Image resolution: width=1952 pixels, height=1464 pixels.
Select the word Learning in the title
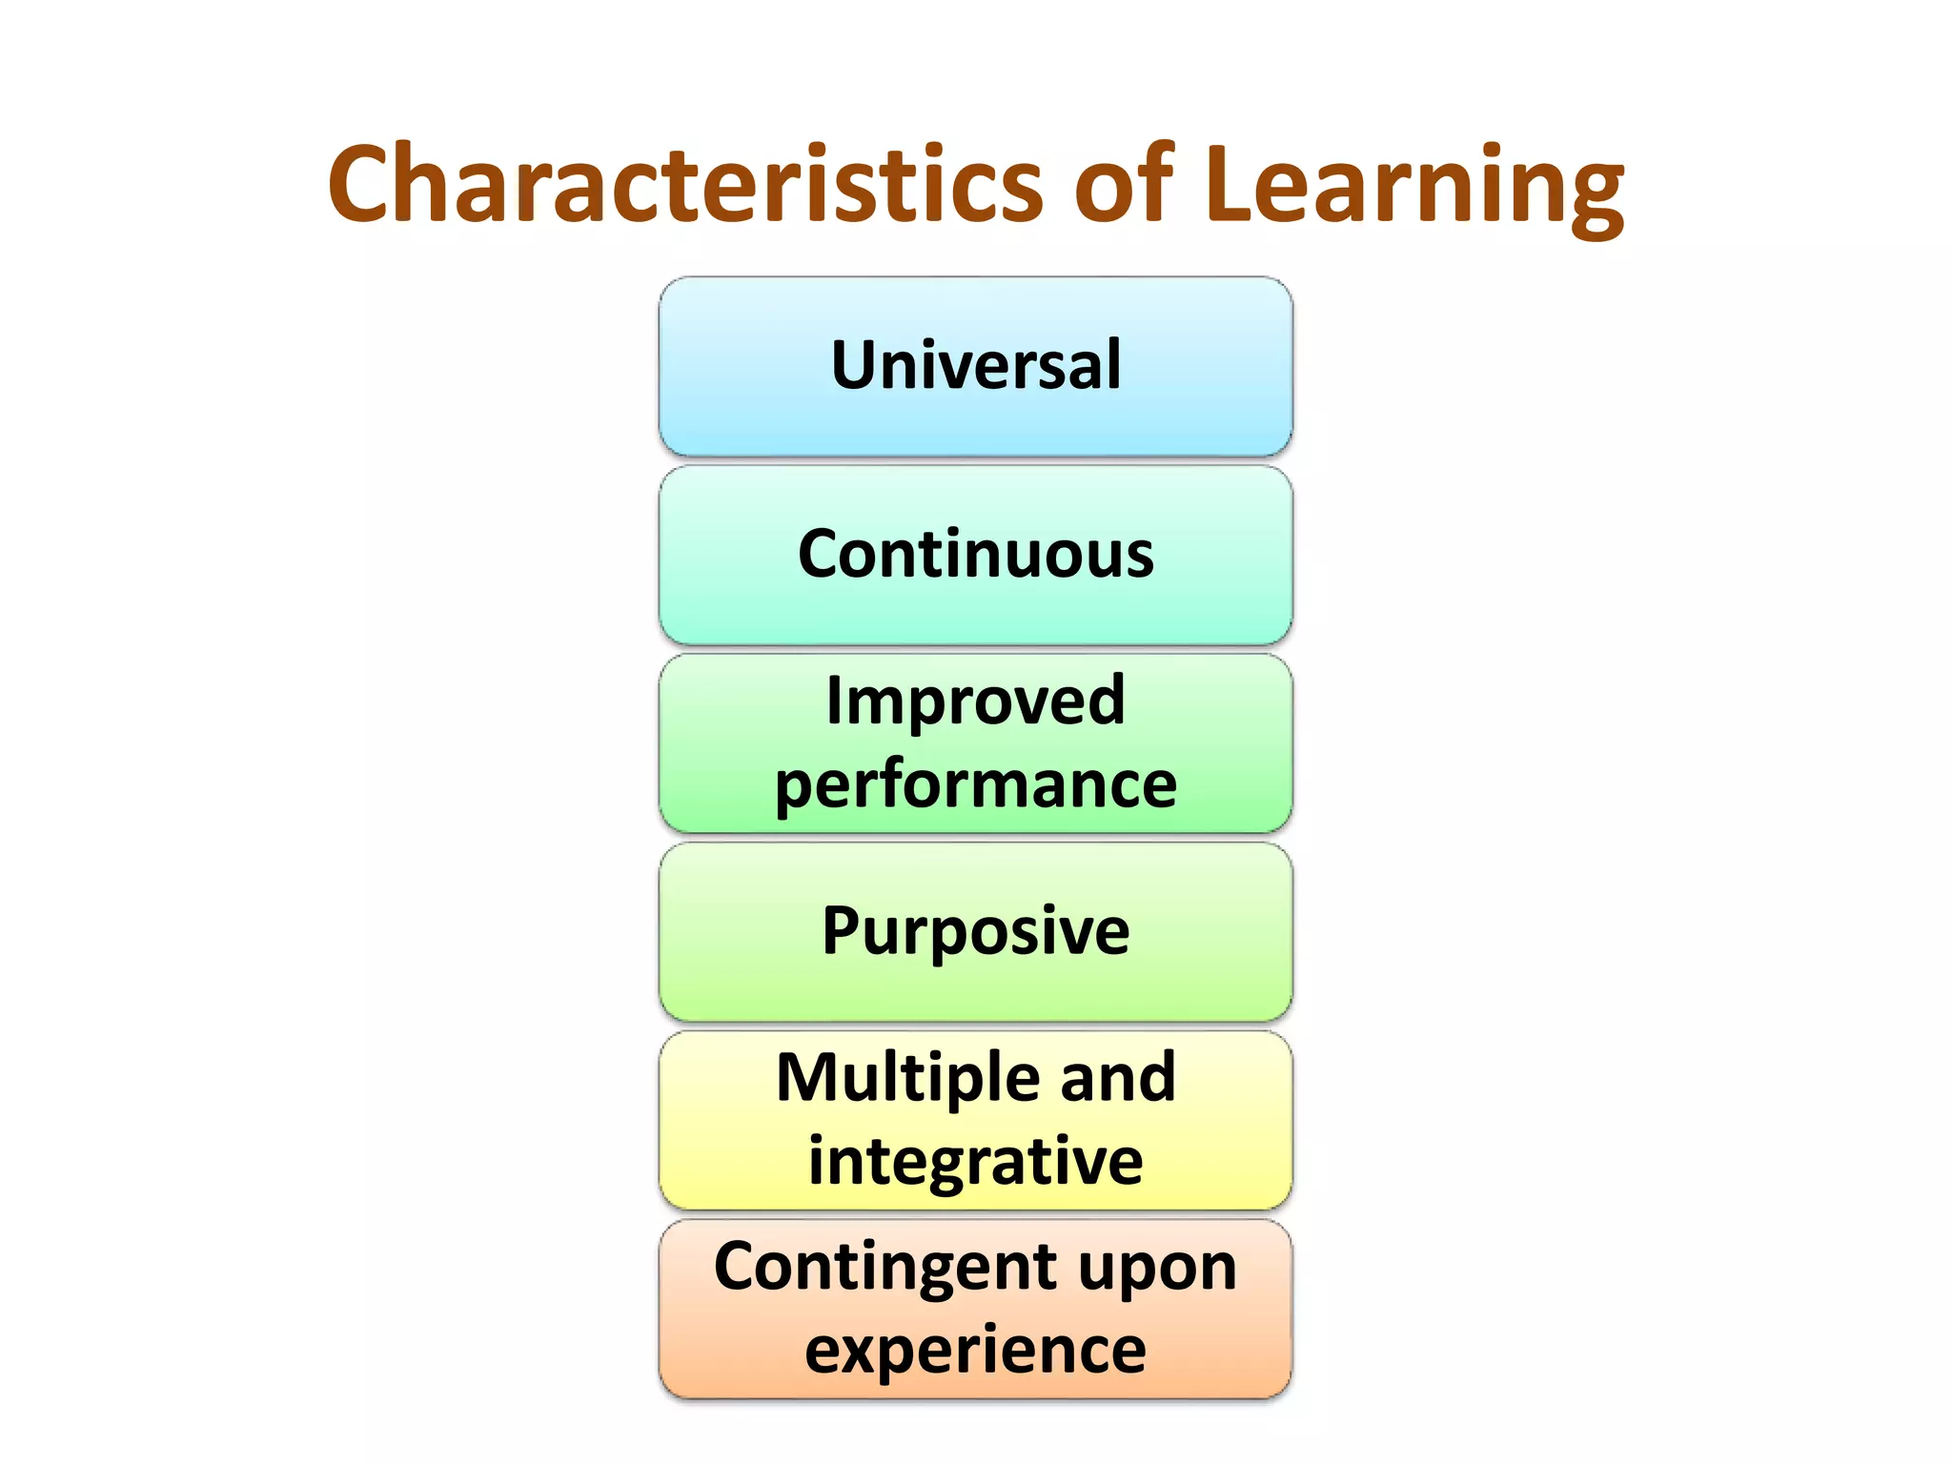1413,186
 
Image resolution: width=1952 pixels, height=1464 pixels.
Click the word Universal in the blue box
976,365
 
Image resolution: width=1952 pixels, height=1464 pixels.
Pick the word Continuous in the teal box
976,554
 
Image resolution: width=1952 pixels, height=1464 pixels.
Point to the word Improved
976,701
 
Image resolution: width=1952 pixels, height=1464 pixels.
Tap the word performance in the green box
976,786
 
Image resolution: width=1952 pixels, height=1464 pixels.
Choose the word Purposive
976,931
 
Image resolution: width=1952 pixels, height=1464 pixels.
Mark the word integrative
976,1162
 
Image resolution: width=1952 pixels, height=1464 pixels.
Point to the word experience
976,1352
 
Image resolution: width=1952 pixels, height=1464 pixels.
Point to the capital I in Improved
835,701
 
